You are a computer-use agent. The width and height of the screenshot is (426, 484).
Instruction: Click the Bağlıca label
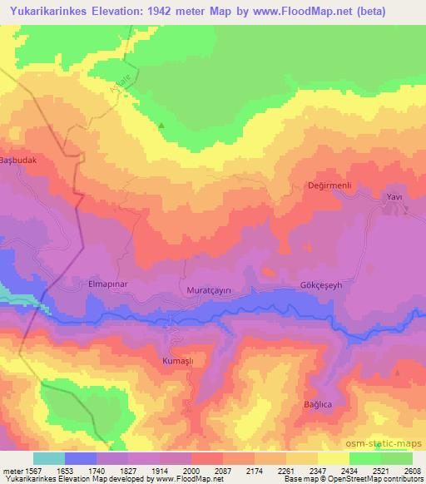click(x=317, y=405)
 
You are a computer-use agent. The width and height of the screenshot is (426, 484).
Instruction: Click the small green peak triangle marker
click(x=162, y=126)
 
